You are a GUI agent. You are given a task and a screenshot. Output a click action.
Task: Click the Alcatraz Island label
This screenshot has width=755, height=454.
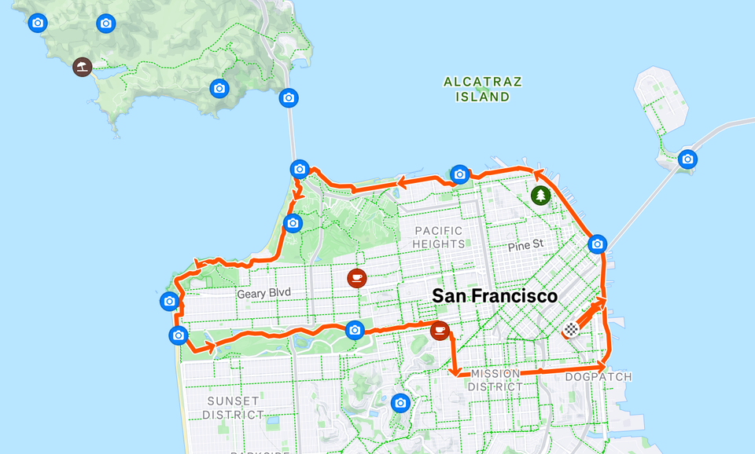tap(482, 89)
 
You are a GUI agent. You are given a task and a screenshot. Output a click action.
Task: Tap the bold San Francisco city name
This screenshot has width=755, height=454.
tap(495, 296)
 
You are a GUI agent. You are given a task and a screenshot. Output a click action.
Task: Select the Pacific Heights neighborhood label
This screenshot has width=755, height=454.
tap(440, 237)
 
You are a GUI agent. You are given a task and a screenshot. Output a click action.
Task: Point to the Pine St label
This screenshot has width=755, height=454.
tap(525, 245)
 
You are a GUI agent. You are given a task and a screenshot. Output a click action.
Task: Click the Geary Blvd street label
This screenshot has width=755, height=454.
tap(263, 293)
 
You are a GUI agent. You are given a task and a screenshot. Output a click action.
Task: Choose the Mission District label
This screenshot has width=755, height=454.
tap(495, 380)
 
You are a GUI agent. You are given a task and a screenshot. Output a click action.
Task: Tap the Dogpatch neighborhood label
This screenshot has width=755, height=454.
tap(598, 377)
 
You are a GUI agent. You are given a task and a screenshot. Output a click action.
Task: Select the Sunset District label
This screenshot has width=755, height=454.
tap(234, 408)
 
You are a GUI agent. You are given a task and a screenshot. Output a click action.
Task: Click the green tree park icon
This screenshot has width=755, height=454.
tap(540, 195)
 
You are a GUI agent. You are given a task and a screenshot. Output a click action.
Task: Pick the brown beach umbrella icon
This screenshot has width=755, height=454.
tap(82, 67)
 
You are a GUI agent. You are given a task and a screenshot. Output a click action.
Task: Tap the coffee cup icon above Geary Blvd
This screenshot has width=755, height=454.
tap(356, 277)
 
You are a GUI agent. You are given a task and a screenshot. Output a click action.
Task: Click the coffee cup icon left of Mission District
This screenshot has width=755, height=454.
tap(440, 331)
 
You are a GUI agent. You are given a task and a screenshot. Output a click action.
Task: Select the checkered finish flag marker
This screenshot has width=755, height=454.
tap(571, 330)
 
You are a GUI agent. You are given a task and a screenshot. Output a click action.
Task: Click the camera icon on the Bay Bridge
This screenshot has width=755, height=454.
tap(688, 159)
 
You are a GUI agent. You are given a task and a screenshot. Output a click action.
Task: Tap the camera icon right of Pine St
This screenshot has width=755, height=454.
tap(597, 244)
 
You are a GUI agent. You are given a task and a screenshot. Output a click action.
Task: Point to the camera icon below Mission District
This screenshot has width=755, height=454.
tap(400, 403)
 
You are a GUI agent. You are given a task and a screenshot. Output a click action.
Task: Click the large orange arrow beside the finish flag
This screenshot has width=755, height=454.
tap(591, 311)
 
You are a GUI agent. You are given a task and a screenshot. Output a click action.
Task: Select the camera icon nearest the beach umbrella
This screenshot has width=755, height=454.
tap(105, 24)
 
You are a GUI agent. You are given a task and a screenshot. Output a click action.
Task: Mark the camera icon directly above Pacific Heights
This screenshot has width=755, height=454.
tap(460, 174)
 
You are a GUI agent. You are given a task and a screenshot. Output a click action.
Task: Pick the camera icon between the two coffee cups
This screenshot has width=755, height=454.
tap(355, 330)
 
